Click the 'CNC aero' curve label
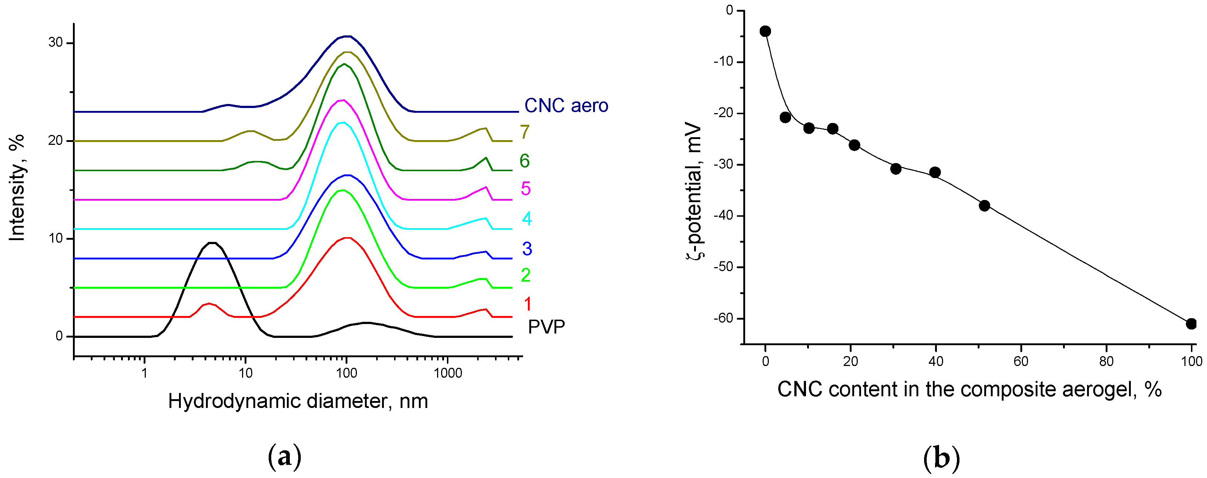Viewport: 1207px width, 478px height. (x=566, y=105)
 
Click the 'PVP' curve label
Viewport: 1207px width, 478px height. (x=546, y=327)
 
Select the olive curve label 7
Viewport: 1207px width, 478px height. (x=525, y=132)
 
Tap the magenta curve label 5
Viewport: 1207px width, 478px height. (x=526, y=189)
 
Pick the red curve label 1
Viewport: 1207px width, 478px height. (x=527, y=304)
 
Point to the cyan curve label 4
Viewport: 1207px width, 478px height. (x=527, y=219)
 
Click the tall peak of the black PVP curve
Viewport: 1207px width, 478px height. (x=213, y=243)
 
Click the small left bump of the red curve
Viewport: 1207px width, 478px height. (x=209, y=304)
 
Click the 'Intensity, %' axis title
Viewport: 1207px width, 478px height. (x=17, y=188)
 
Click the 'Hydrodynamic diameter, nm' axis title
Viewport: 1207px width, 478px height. (x=298, y=401)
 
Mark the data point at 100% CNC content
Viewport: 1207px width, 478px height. (x=1191, y=324)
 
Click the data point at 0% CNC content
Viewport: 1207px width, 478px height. (x=765, y=31)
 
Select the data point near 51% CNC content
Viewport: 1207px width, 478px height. (x=984, y=205)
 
